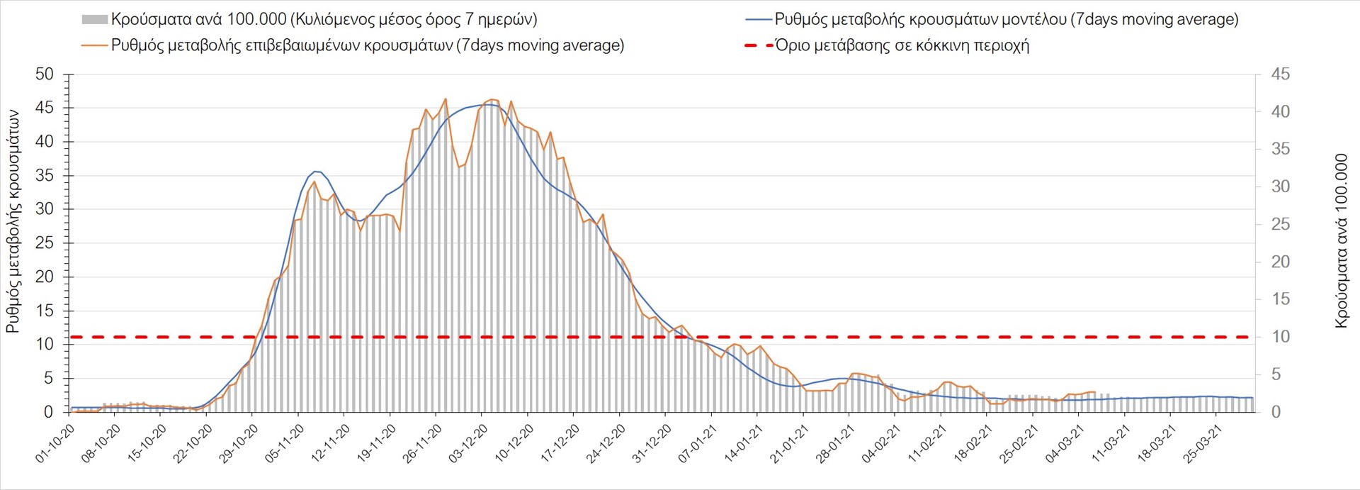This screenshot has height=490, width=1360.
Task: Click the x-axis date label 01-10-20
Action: (x=55, y=445)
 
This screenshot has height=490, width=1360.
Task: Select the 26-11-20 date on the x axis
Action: (x=422, y=445)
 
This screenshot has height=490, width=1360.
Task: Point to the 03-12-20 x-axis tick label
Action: (x=468, y=445)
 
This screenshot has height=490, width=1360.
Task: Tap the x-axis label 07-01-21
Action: (x=698, y=445)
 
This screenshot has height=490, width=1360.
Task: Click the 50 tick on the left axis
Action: (x=44, y=74)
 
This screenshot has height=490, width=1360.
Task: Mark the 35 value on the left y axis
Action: (x=44, y=176)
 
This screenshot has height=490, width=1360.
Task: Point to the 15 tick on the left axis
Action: (x=44, y=311)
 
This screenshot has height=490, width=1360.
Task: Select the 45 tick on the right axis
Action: (x=1281, y=74)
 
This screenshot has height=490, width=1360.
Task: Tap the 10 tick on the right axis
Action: (x=1281, y=337)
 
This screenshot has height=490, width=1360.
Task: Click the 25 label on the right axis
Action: (x=1281, y=224)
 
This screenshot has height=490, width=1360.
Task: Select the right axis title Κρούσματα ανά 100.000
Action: (x=1341, y=241)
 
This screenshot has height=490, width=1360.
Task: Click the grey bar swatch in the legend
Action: (x=94, y=20)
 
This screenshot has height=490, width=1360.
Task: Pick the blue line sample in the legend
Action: (x=758, y=20)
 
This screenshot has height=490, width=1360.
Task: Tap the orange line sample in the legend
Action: (x=94, y=45)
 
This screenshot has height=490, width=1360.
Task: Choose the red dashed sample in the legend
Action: (x=758, y=45)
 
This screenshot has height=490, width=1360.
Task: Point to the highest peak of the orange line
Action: (x=446, y=99)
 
